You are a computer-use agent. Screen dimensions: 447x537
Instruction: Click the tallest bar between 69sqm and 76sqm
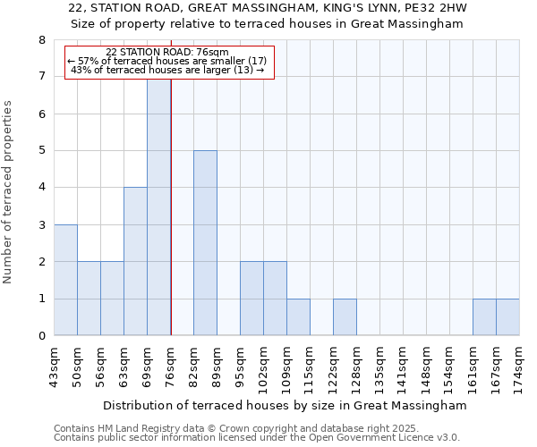158,206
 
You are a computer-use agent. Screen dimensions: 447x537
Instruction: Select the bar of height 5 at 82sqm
205,243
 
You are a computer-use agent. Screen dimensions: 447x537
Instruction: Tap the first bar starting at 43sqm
65,280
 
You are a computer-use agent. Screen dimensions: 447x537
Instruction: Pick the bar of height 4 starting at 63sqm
135,261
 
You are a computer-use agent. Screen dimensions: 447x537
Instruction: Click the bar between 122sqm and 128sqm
345,317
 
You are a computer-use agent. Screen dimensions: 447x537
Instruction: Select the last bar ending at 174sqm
507,317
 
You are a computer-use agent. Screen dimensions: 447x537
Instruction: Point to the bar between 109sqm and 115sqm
298,317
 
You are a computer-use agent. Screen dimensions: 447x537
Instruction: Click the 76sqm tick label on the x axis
171,365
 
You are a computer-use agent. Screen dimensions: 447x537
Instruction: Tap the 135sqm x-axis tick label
380,365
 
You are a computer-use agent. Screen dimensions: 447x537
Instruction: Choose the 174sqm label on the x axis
520,365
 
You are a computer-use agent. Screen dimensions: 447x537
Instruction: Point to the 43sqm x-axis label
55,365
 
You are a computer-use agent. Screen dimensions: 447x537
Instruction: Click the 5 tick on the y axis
42,150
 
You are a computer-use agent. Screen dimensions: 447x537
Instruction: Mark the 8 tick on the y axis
42,40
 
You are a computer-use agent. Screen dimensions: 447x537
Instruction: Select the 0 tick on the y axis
42,336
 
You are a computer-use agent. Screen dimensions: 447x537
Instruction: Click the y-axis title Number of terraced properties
9,192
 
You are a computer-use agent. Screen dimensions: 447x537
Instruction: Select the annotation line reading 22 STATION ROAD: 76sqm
166,52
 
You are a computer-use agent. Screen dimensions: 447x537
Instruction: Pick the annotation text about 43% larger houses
166,70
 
